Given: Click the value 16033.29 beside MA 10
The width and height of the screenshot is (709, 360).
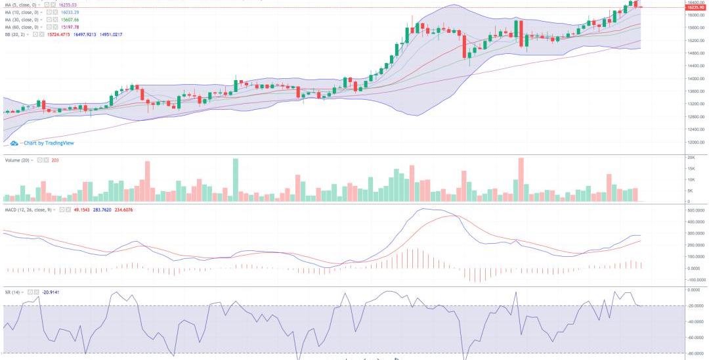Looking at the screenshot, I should tap(69, 12).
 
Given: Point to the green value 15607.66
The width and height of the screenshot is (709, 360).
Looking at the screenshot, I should tap(69, 20).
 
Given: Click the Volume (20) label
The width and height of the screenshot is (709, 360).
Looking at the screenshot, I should tap(18, 160).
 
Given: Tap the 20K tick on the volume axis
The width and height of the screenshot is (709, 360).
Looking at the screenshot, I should tap(691, 158).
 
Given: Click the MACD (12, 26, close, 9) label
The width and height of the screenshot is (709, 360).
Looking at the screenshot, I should tap(30, 210).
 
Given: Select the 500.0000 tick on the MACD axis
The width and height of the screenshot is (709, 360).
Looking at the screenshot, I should tap(695, 210).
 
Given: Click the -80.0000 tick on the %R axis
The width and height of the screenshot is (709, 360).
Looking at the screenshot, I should tap(695, 353).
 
